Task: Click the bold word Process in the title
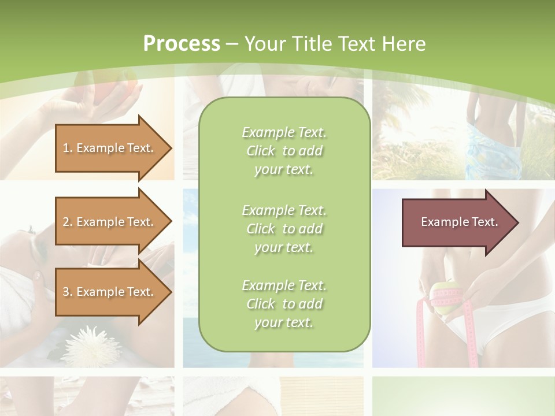click(x=182, y=44)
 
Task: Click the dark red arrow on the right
click(x=457, y=222)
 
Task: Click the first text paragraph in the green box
click(x=284, y=151)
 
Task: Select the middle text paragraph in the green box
click(x=284, y=228)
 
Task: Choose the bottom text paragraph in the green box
click(x=284, y=304)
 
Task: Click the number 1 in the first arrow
click(x=65, y=148)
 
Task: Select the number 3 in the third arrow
click(x=66, y=292)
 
